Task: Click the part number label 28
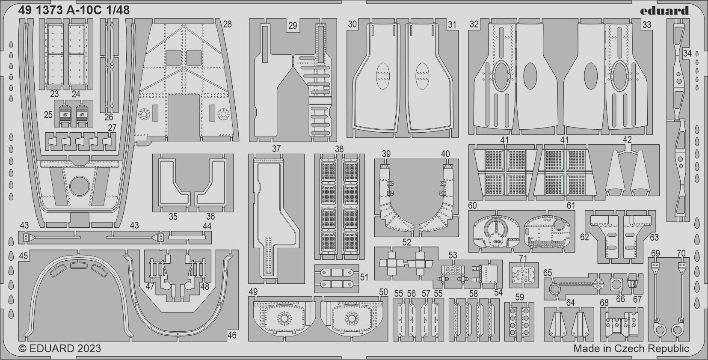[227, 24]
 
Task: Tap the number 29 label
[292, 26]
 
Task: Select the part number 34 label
[687, 54]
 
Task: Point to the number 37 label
[276, 149]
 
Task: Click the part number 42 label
[627, 140]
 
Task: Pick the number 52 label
[406, 242]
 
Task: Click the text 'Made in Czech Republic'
[631, 348]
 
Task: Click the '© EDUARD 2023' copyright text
[60, 348]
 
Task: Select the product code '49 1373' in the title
[41, 11]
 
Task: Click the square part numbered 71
[523, 275]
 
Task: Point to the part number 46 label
[231, 336]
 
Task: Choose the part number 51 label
[364, 277]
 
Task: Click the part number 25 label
[48, 115]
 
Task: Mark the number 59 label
[519, 297]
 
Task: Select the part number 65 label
[548, 273]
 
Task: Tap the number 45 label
[23, 256]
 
